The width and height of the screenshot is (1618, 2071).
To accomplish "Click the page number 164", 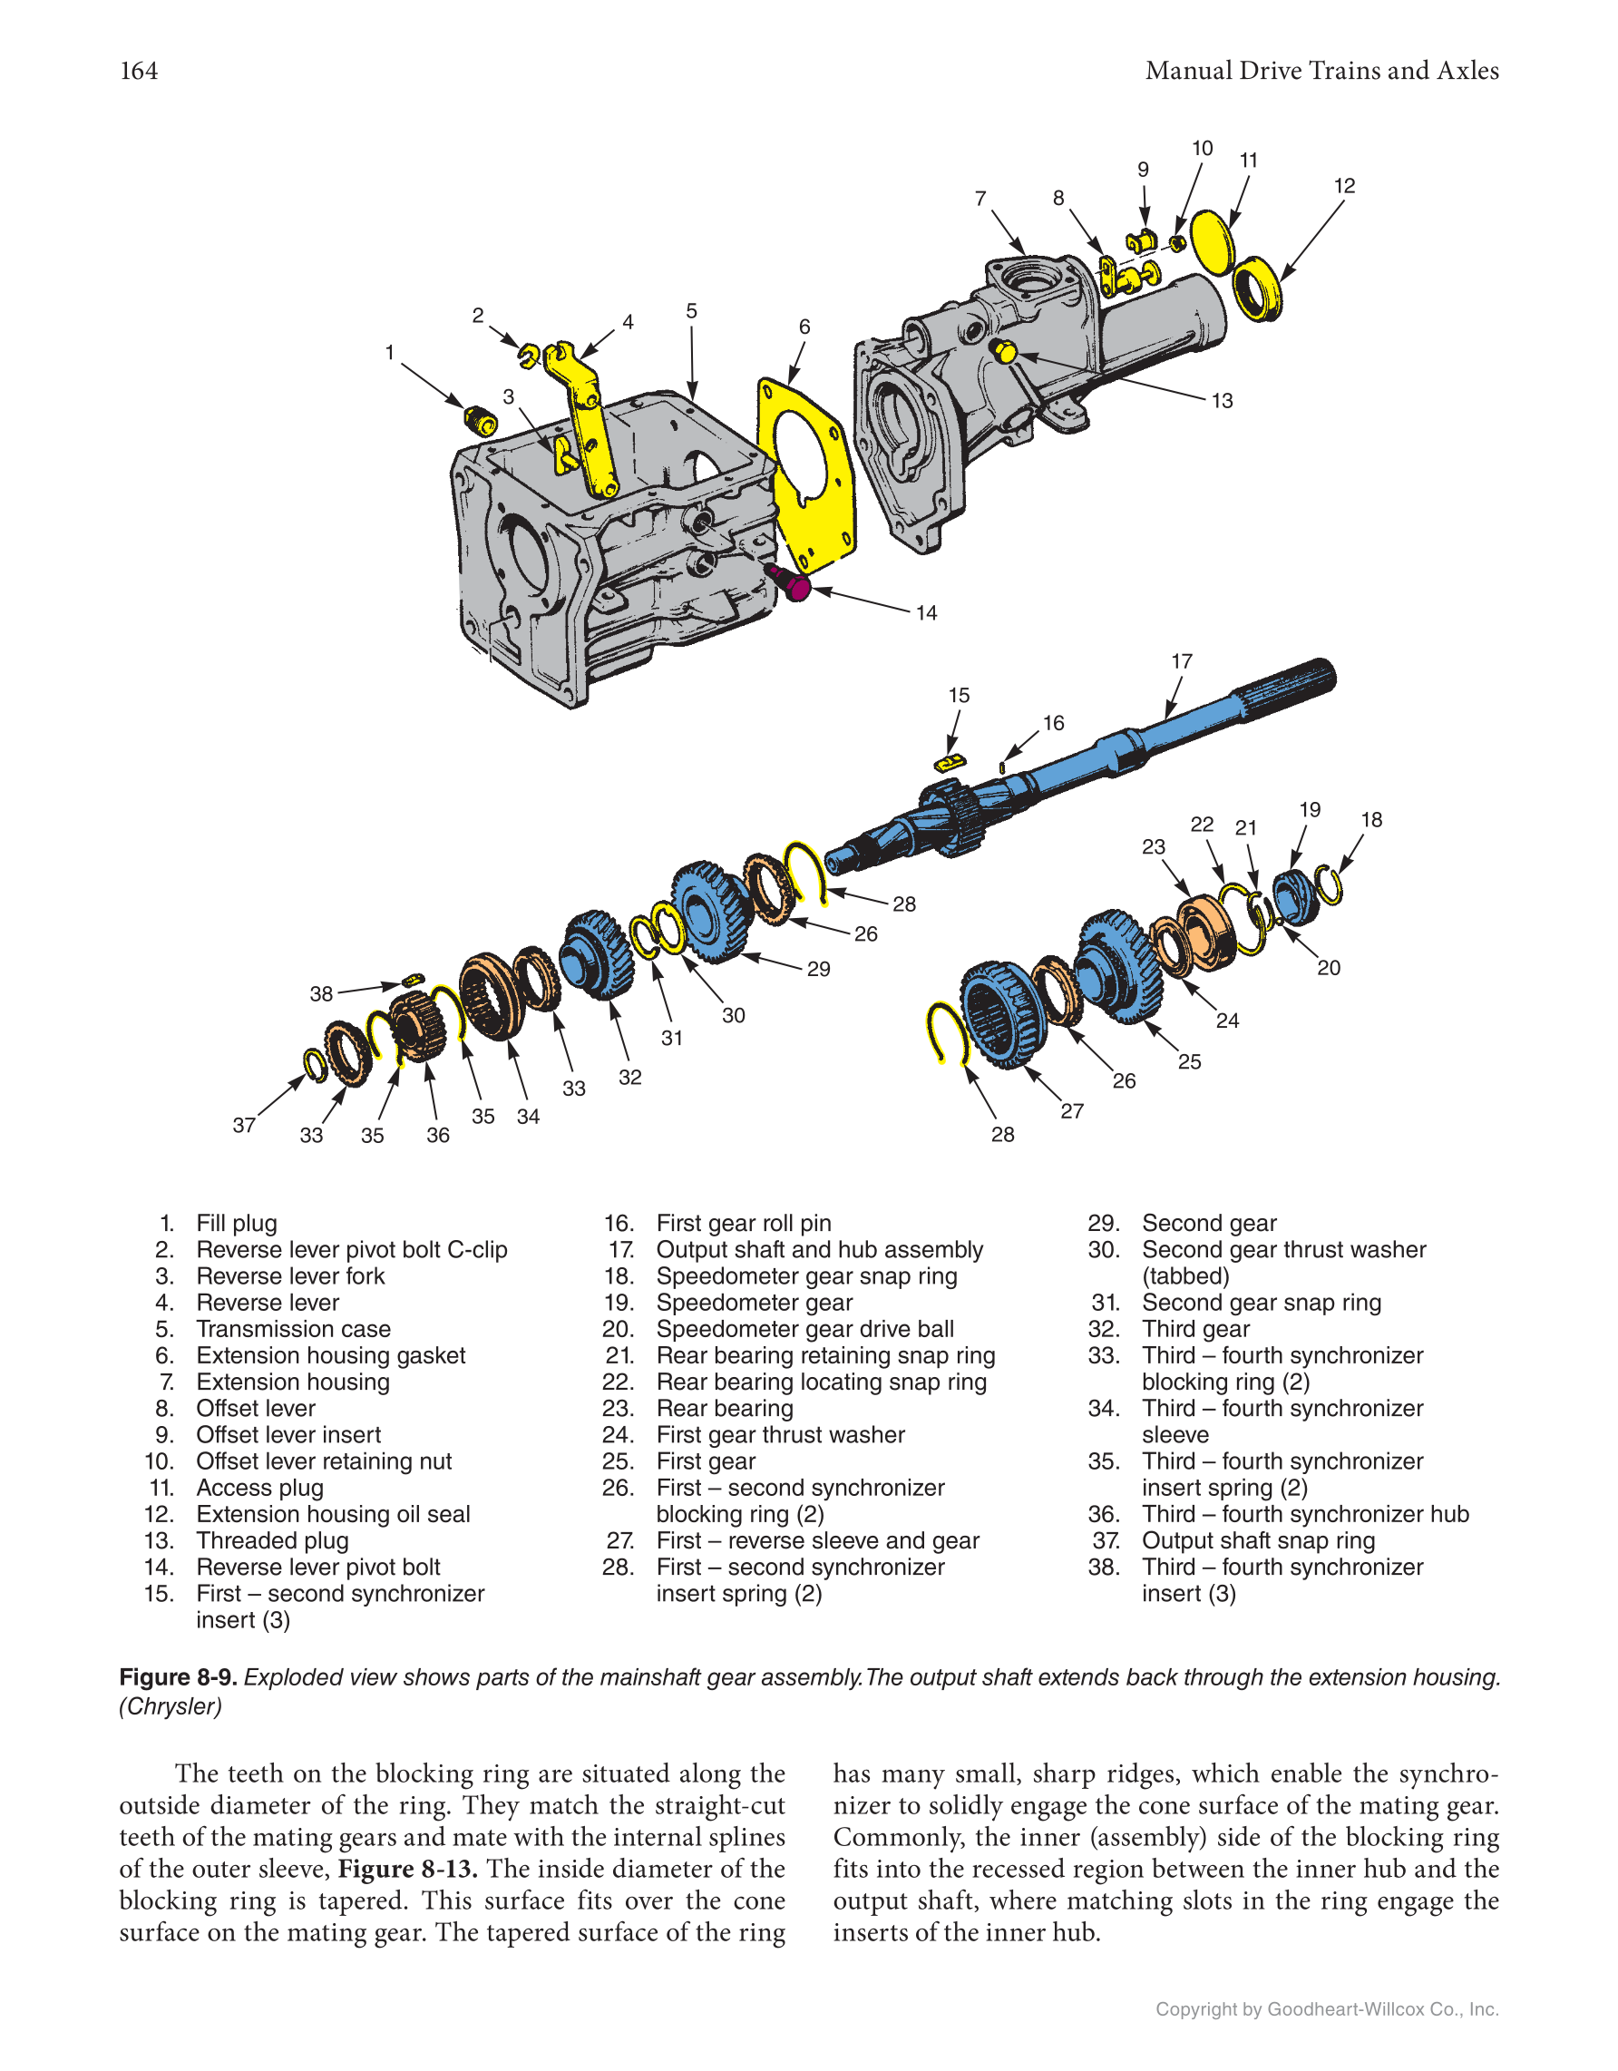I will (139, 71).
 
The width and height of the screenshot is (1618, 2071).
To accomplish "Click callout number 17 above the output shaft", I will (1181, 661).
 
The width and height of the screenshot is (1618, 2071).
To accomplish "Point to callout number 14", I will (926, 613).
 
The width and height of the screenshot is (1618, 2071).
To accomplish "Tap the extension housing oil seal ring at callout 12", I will (1259, 288).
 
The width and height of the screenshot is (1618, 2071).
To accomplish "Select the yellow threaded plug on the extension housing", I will (1005, 353).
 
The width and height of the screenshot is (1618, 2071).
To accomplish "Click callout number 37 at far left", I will (244, 1125).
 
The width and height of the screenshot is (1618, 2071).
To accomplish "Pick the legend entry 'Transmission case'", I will (293, 1329).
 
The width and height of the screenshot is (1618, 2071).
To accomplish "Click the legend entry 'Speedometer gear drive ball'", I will (804, 1329).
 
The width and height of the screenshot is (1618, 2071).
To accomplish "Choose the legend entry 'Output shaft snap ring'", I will (1258, 1540).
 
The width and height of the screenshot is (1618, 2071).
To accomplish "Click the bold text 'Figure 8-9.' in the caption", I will (177, 1676).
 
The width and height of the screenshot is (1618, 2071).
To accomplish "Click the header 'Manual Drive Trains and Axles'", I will (1321, 71).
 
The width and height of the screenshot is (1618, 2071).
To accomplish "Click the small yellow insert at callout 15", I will (949, 762).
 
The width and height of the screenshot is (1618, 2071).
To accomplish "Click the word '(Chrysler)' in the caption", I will (171, 1706).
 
